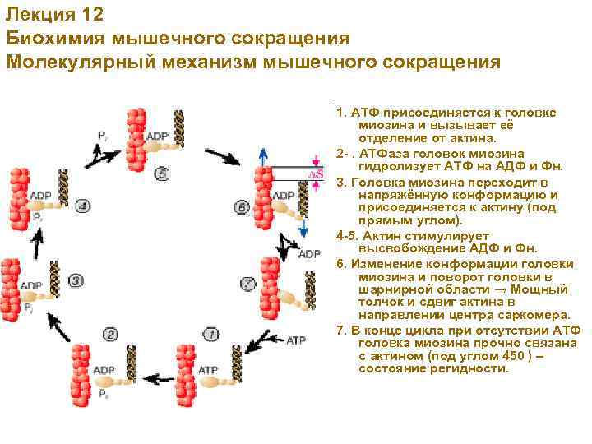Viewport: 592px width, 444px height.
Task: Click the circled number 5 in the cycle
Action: coord(161,173)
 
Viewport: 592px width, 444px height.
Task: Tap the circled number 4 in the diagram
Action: coord(82,206)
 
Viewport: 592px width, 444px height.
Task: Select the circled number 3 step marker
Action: coord(76,280)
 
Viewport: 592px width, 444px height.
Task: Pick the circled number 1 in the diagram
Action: coord(211,334)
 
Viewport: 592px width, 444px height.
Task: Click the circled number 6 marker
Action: coord(242,207)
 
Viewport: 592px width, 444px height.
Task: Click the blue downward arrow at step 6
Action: coord(303,225)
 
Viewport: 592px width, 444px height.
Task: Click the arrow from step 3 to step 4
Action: coord(35,241)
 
